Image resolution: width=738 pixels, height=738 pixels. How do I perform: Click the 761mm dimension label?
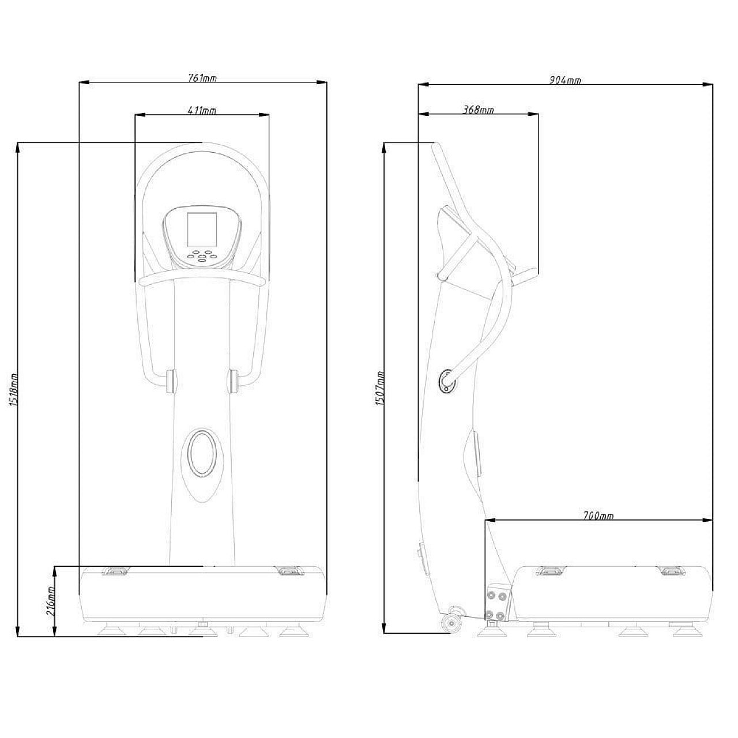(202, 78)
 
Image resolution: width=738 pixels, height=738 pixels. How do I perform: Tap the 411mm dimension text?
(202, 110)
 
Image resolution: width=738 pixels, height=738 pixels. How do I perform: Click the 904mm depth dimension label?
(565, 80)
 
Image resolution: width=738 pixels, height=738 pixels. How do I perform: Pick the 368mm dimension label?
(479, 110)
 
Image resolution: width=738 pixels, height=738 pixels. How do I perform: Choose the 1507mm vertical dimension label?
(380, 388)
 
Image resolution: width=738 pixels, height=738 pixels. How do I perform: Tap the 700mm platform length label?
(598, 516)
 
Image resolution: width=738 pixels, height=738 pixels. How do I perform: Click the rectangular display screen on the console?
(202, 229)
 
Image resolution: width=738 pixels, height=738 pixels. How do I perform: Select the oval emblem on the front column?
(202, 453)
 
